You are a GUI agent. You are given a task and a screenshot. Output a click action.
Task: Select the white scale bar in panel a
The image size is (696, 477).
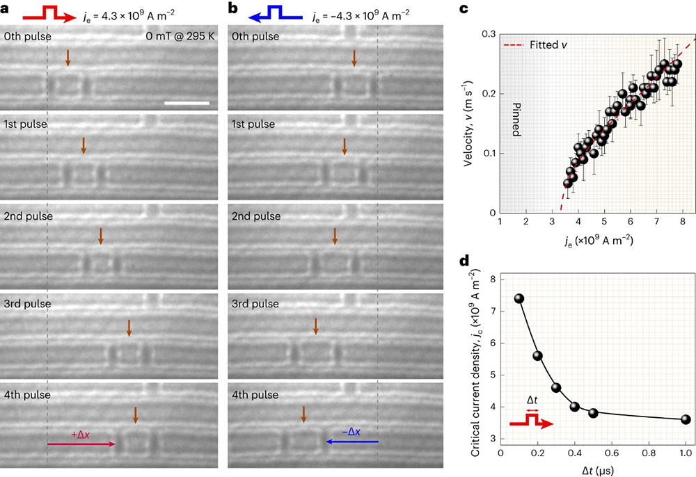187,104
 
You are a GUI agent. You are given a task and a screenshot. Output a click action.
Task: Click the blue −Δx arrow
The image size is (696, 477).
352,442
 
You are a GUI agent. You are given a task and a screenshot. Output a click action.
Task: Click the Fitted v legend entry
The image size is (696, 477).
532,45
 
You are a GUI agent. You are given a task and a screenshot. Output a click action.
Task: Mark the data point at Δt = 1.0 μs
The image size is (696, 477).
686,419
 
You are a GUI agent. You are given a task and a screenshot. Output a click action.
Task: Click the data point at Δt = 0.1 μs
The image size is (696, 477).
519,298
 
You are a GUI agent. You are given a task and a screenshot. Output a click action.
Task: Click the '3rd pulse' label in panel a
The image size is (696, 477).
27,303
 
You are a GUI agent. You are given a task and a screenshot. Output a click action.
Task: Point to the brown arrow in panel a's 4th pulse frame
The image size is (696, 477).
135,415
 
